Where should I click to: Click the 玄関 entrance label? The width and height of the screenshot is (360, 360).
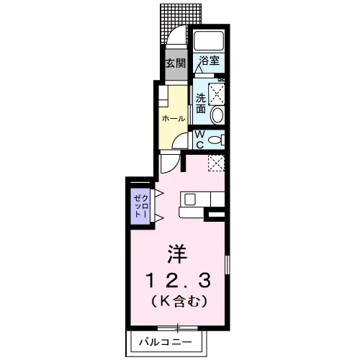(x=176, y=63)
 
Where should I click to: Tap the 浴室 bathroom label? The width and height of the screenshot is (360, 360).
(x=210, y=60)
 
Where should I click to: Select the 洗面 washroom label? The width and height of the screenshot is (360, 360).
(x=201, y=104)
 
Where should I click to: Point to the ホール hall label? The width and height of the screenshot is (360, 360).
(x=174, y=119)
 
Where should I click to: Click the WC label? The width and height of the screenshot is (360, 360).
(x=199, y=140)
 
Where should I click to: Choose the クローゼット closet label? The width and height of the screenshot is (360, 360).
(x=141, y=206)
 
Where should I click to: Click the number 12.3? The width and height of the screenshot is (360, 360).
(x=178, y=281)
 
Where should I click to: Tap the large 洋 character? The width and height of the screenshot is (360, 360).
(x=178, y=254)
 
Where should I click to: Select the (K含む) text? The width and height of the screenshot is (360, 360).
(x=179, y=302)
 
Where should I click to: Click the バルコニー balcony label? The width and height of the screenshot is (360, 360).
(x=166, y=342)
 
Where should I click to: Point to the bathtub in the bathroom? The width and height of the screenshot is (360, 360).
(x=209, y=40)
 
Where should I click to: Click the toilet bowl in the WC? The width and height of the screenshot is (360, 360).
(x=215, y=140)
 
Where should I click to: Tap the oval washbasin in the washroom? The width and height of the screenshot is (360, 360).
(x=217, y=115)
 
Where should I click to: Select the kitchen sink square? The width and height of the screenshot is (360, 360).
(x=190, y=199)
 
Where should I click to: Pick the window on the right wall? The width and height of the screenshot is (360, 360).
(x=227, y=265)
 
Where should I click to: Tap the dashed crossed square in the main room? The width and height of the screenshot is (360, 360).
(x=216, y=163)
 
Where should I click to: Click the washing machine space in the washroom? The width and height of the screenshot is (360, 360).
(x=217, y=94)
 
